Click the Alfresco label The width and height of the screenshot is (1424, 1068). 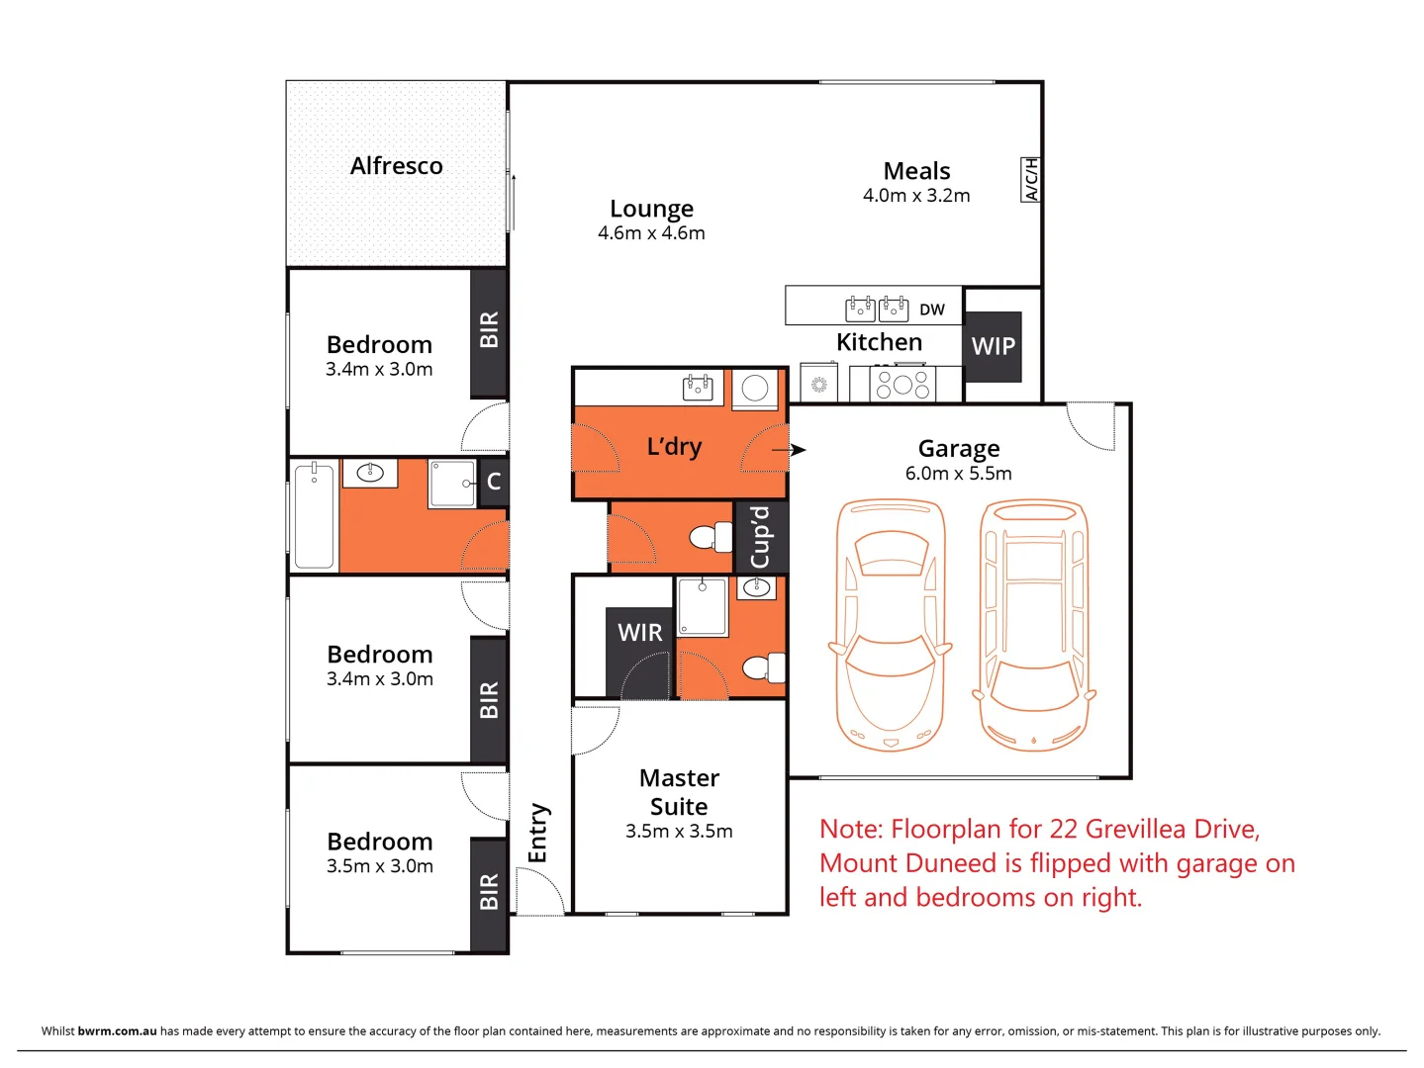pos(396,166)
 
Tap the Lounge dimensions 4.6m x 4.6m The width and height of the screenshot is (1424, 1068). pos(651,233)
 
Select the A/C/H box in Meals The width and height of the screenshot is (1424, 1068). pos(1030,180)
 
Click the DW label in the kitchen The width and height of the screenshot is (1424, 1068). pos(931,310)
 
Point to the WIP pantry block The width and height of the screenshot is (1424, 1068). pos(993,347)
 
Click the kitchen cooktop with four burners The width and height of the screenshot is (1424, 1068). pos(902,384)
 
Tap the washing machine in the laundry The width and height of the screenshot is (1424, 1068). pos(755,389)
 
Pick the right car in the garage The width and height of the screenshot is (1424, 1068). pos(1033,625)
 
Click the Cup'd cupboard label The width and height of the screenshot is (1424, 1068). pos(760,537)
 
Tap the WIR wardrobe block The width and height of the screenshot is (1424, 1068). pos(639,633)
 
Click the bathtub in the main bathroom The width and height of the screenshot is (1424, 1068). pos(314,515)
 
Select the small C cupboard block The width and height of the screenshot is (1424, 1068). pos(493,483)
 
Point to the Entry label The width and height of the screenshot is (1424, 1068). pos(538,833)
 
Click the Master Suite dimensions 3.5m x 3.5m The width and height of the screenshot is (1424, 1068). pos(679,832)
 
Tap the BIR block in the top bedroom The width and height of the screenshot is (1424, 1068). pos(488,331)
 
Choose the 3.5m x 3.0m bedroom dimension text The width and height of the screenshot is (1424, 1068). pos(380,866)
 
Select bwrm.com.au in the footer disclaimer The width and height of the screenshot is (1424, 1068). pos(117,1030)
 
